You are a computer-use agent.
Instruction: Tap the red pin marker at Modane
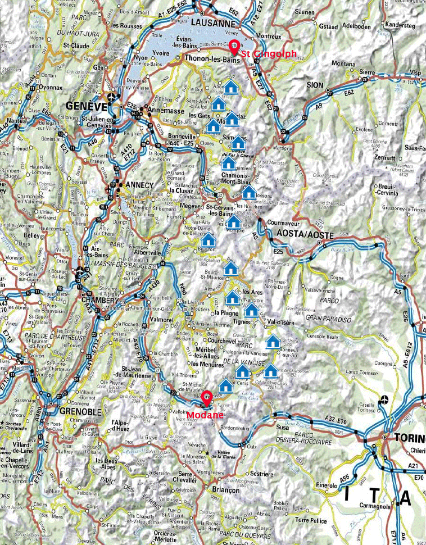click(x=206, y=396)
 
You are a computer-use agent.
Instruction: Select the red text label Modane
click(x=206, y=416)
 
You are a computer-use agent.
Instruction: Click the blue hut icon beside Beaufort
click(x=208, y=242)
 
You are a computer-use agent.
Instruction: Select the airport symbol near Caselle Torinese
click(x=384, y=399)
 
